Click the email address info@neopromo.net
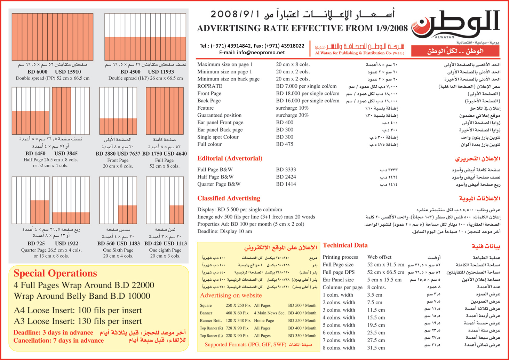(x=252, y=53)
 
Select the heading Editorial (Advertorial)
(x=230, y=158)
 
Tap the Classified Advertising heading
(x=229, y=198)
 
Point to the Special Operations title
(x=55, y=273)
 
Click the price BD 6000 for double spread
(x=37, y=72)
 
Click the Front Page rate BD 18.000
(x=308, y=93)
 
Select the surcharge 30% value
(x=292, y=115)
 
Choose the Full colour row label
(x=209, y=144)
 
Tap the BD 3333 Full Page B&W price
(x=286, y=170)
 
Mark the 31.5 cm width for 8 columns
(x=376, y=347)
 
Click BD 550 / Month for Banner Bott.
(x=302, y=320)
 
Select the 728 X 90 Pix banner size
(x=237, y=328)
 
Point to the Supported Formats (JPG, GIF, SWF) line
(x=246, y=344)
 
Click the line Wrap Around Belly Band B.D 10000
(x=82, y=296)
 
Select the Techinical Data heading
(x=345, y=245)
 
